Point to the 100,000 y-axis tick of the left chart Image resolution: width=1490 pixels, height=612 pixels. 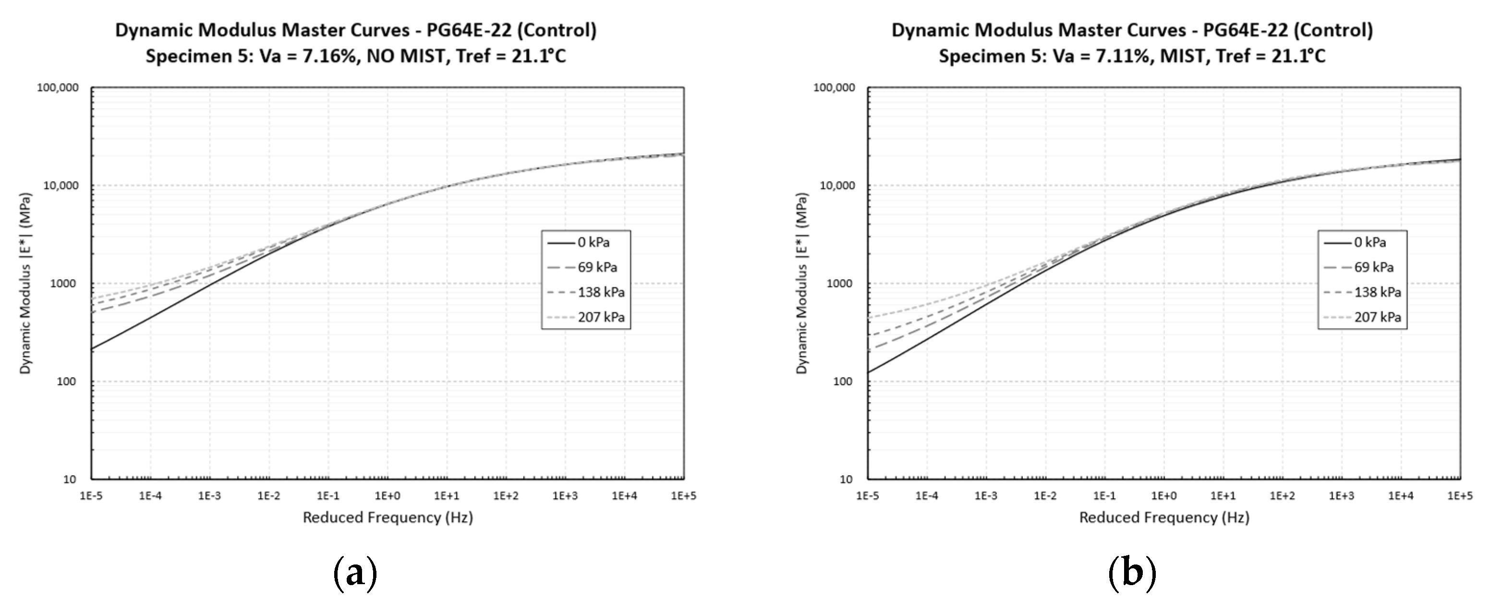click(x=57, y=88)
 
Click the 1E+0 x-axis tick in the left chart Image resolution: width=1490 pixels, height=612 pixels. click(x=388, y=496)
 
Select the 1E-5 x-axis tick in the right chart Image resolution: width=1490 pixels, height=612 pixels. click(x=868, y=496)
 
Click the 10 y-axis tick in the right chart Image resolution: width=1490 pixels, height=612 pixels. click(x=846, y=480)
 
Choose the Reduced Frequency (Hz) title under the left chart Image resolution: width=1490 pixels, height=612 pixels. click(x=388, y=517)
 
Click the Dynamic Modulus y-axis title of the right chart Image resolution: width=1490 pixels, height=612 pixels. click(x=802, y=284)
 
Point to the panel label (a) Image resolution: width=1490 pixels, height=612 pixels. click(x=355, y=573)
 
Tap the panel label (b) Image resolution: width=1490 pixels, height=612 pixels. click(x=1132, y=573)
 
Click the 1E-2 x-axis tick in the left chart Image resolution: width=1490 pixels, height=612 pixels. click(x=269, y=496)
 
